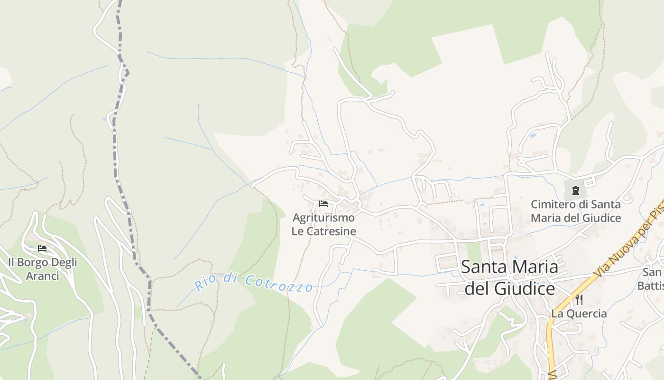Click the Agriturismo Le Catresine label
click(x=324, y=225)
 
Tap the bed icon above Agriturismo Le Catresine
click(x=323, y=204)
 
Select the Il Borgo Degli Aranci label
click(x=42, y=269)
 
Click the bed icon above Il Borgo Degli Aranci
click(x=42, y=248)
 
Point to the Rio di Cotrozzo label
click(x=254, y=284)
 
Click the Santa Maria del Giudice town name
click(x=509, y=277)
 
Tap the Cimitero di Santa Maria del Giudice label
click(x=575, y=211)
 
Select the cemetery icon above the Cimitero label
click(x=575, y=190)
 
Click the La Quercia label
click(x=579, y=313)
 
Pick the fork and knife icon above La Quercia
click(x=579, y=299)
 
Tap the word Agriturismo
click(x=323, y=218)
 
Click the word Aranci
click(x=42, y=275)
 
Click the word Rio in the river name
click(x=205, y=284)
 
